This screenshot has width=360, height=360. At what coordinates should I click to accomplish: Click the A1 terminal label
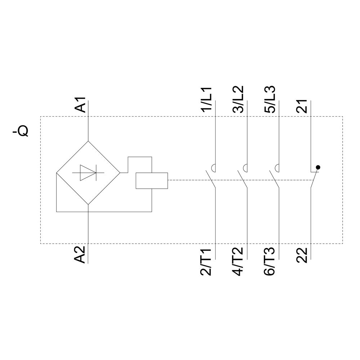(x=80, y=105)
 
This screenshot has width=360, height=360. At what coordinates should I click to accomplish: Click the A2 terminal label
(x=80, y=255)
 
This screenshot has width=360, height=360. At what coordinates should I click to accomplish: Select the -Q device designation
(x=21, y=131)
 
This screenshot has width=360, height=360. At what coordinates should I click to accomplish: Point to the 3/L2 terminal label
(x=238, y=100)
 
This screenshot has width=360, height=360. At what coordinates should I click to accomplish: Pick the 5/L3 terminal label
(x=270, y=100)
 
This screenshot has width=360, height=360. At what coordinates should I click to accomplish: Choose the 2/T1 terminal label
(x=206, y=261)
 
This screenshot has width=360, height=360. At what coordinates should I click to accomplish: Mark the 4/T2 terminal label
(x=238, y=261)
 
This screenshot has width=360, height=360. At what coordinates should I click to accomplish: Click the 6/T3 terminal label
(x=269, y=261)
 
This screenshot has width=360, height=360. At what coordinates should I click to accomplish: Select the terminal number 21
(x=302, y=106)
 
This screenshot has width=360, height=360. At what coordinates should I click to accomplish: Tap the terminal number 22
(x=302, y=255)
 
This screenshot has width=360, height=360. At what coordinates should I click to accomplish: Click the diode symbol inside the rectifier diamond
(x=88, y=173)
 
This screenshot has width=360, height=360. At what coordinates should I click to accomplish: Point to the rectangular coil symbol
(x=152, y=181)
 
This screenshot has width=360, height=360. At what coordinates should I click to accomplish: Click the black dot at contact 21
(x=318, y=167)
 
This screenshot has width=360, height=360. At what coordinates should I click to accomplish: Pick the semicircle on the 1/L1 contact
(x=213, y=168)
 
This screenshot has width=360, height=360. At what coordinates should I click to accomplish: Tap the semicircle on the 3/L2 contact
(x=245, y=168)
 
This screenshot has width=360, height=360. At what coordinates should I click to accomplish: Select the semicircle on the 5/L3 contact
(x=277, y=168)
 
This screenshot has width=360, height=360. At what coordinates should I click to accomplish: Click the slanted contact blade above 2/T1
(x=211, y=179)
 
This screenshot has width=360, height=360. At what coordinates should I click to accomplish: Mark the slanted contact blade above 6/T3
(x=274, y=179)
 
